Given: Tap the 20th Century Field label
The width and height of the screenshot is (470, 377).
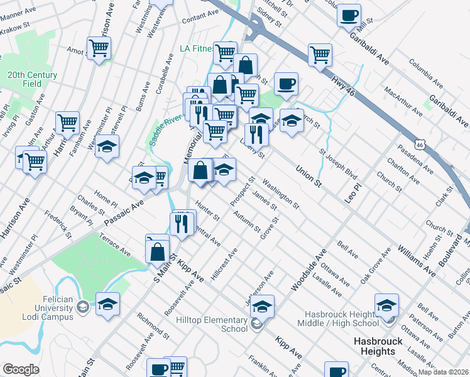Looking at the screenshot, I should (33, 79).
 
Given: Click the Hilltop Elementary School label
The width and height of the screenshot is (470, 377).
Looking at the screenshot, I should (217, 324).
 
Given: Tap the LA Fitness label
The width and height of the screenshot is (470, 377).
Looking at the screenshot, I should (196, 48).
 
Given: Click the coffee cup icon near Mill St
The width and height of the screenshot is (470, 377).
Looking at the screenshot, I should (349, 15).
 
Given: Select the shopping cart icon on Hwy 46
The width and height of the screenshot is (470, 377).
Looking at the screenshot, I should (320, 55).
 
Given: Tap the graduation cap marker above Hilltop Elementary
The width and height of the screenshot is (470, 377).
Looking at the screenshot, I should (263, 306).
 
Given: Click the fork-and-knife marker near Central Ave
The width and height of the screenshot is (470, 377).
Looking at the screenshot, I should (182, 224).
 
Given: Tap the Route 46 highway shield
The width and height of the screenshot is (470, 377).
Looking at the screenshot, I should (427, 144).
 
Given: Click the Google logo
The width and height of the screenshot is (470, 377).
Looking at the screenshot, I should (21, 369).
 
